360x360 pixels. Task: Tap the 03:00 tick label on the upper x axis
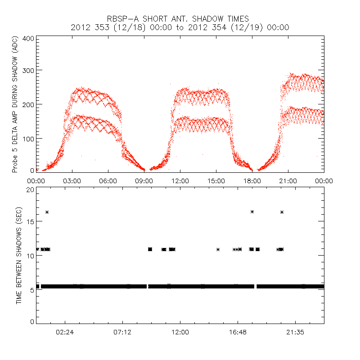point(72,181)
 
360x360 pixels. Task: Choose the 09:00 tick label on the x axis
point(144,181)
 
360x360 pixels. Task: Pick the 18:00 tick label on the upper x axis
point(252,181)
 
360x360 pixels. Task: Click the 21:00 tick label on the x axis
point(288,181)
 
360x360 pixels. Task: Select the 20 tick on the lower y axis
point(30,190)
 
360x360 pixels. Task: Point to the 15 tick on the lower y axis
point(30,223)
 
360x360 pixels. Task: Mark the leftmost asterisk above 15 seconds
point(47,212)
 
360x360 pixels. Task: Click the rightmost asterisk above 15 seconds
point(282,212)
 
